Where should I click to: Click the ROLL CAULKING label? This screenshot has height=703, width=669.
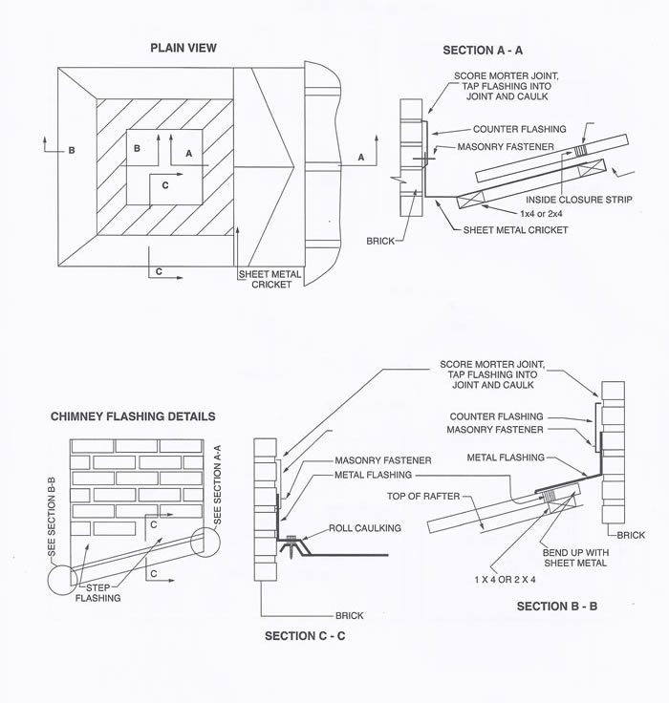[363, 526]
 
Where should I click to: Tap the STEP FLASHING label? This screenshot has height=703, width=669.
[100, 593]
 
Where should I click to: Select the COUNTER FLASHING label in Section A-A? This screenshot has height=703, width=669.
[520, 129]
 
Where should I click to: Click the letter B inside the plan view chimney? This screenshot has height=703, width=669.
[138, 148]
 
